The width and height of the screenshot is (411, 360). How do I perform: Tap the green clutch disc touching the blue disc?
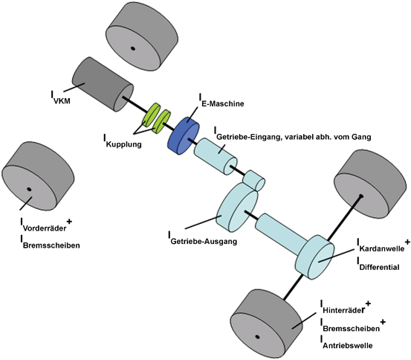[x=163, y=120]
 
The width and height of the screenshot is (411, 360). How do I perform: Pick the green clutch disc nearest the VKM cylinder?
[x=151, y=114]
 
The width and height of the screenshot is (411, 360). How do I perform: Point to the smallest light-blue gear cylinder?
[x=256, y=181]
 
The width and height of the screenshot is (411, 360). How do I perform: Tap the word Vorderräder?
[x=44, y=228]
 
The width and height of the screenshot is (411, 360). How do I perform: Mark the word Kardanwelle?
[x=382, y=246]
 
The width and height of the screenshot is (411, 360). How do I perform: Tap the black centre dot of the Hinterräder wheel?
[x=257, y=337]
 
